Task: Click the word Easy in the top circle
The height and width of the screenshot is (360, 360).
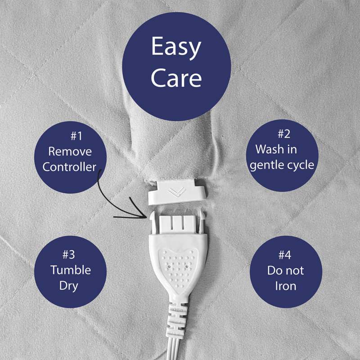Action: coord(176,48)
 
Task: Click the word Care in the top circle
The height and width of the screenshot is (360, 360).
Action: coord(176,77)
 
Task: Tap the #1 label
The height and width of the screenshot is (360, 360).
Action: coord(76,136)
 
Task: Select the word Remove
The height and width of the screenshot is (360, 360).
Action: coord(70,152)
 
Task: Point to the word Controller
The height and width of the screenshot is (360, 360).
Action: coord(69,167)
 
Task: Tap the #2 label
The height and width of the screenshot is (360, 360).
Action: coord(284,134)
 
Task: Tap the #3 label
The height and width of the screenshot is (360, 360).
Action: coord(69,255)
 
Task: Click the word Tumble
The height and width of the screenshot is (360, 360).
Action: coord(71,270)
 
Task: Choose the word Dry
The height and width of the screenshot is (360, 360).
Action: coord(69,286)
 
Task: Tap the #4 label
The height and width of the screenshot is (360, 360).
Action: coord(285,255)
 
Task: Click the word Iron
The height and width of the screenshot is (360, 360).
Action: coord(286,286)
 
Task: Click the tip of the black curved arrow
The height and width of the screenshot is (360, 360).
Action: coord(147,217)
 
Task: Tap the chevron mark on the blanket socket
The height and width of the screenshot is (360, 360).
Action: coord(176,191)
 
